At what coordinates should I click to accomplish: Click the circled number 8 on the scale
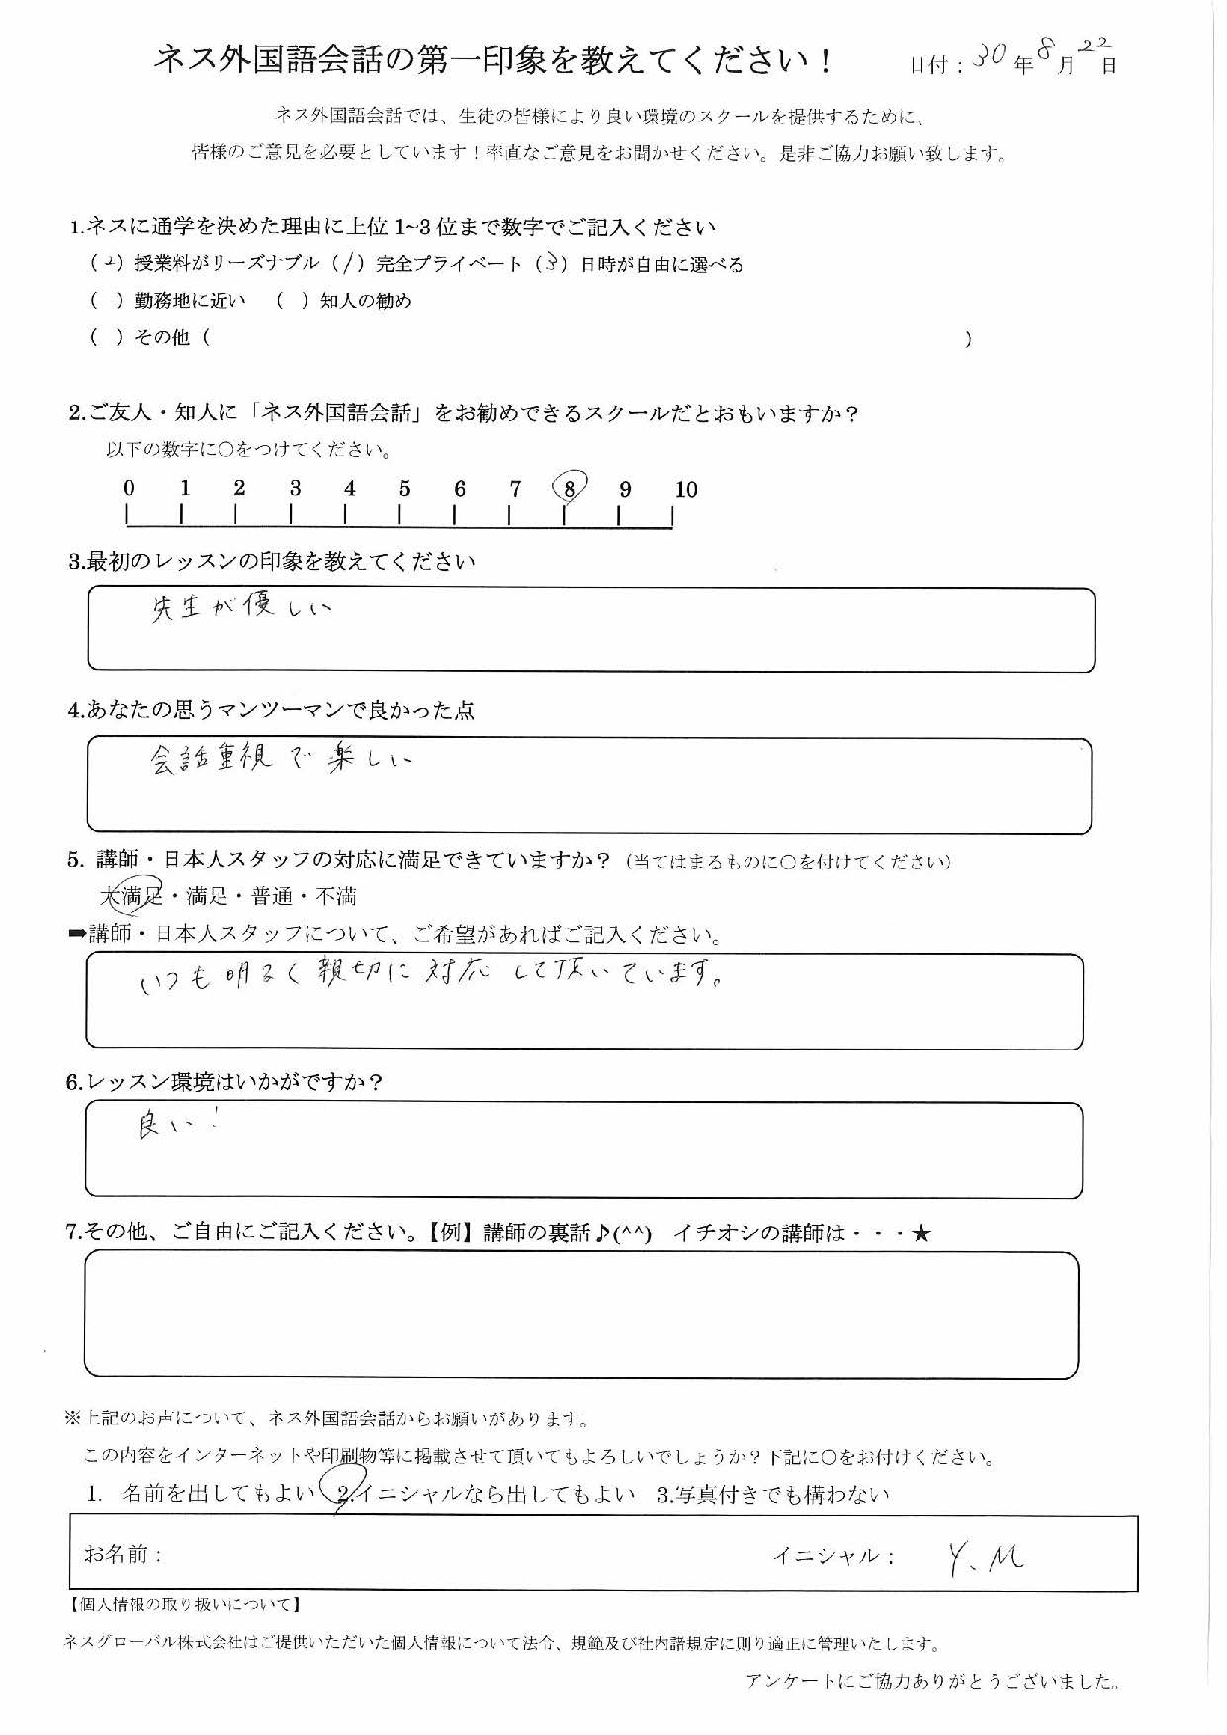point(570,488)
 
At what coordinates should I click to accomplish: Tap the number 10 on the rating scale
point(686,489)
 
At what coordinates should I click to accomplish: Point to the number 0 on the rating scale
point(129,488)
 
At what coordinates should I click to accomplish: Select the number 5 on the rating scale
point(404,488)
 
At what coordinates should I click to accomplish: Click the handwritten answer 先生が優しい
point(241,608)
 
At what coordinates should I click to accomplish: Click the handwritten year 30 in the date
point(989,59)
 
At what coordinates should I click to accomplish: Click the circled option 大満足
point(131,896)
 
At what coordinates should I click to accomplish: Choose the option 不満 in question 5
point(336,897)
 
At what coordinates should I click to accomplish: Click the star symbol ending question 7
point(920,1233)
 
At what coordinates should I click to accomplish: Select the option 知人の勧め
point(366,301)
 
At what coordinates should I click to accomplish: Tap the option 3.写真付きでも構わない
point(773,1494)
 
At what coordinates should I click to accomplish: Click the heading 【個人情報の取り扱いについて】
point(184,1604)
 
